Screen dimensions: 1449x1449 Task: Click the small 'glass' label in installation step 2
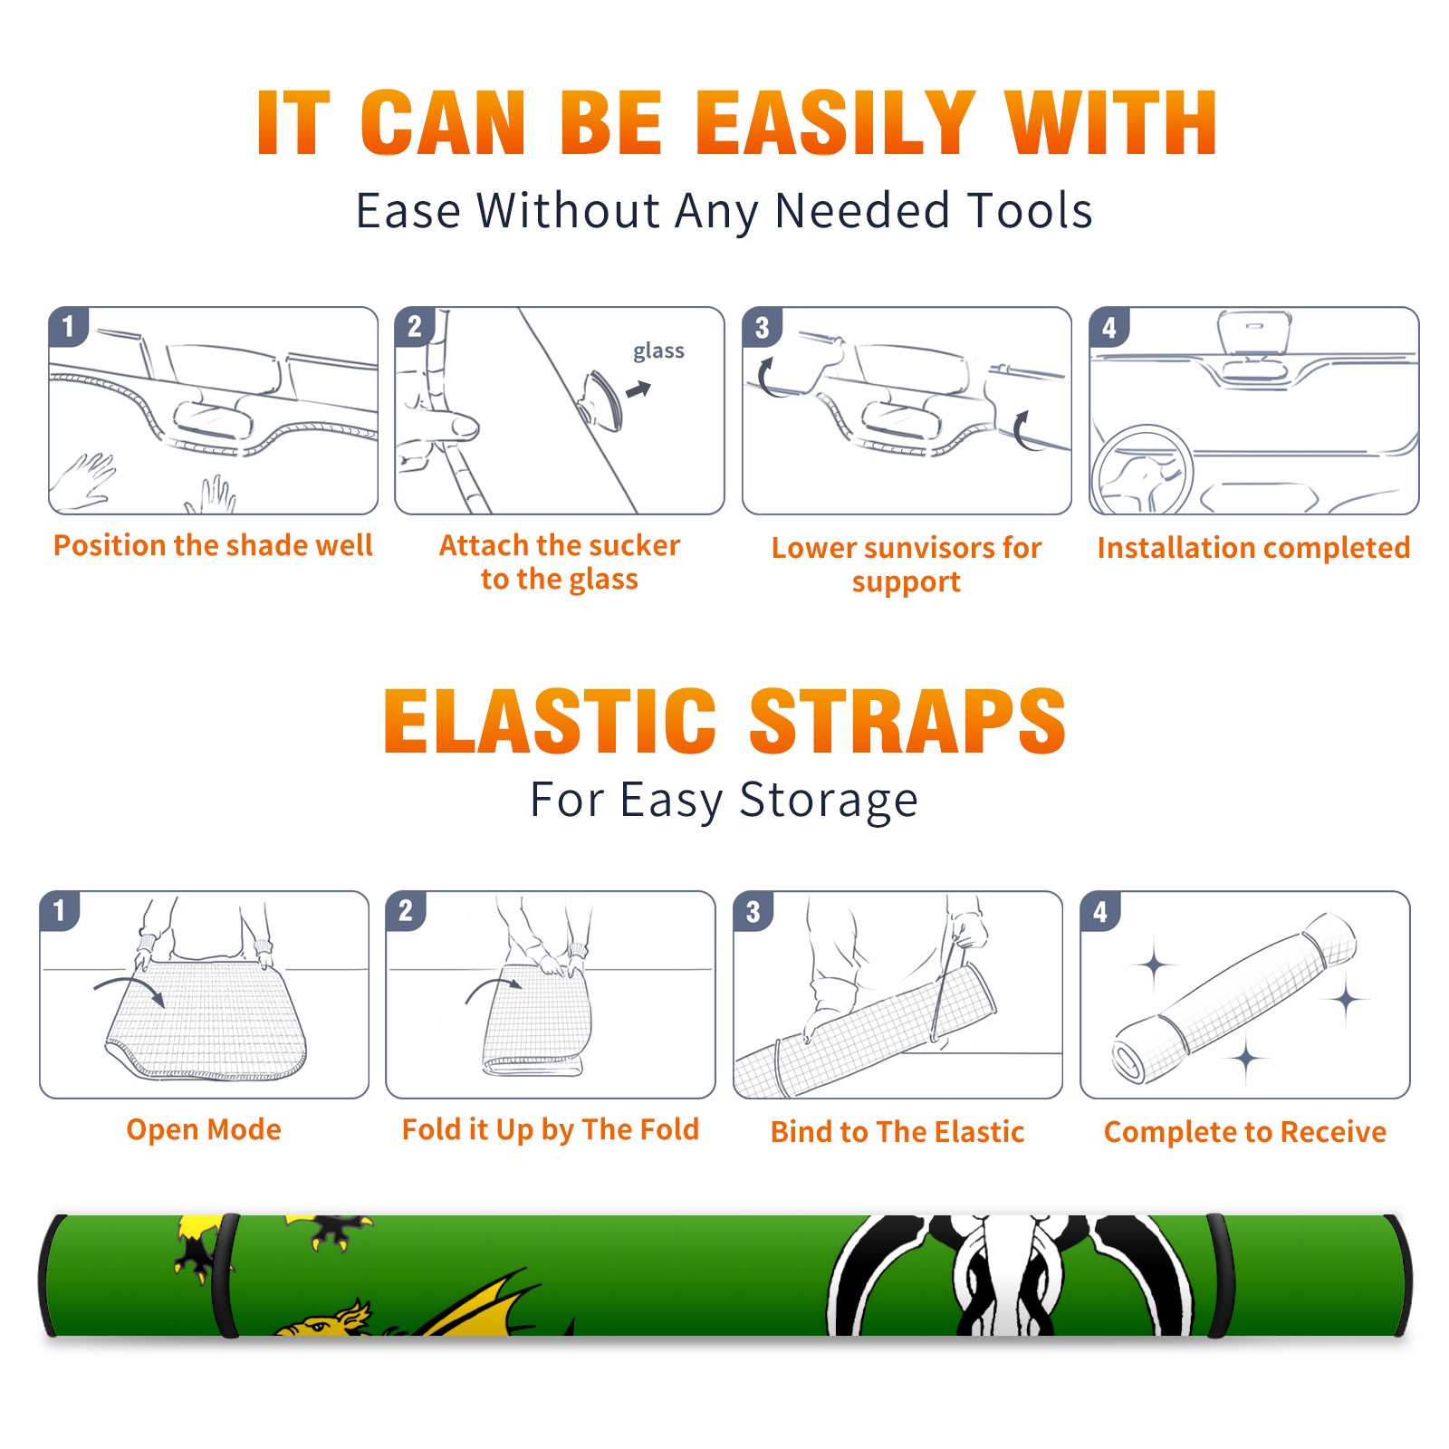tap(658, 351)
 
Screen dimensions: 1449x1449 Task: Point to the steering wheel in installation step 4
tap(1142, 470)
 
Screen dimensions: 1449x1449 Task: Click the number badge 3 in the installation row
tap(761, 327)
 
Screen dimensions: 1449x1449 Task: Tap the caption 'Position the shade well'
tap(213, 545)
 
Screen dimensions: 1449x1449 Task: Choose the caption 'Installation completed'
tap(1253, 547)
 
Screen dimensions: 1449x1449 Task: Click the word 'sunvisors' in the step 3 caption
tap(929, 548)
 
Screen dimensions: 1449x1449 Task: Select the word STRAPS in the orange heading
tap(907, 721)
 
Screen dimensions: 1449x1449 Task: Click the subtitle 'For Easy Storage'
tap(724, 800)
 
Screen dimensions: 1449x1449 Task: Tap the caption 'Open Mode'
tap(204, 1129)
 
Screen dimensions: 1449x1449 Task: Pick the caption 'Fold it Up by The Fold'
tap(551, 1129)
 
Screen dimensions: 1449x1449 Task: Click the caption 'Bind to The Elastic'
tap(897, 1132)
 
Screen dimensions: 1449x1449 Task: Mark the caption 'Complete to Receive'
tap(1245, 1132)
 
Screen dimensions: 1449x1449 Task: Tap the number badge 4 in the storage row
tap(1100, 911)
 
